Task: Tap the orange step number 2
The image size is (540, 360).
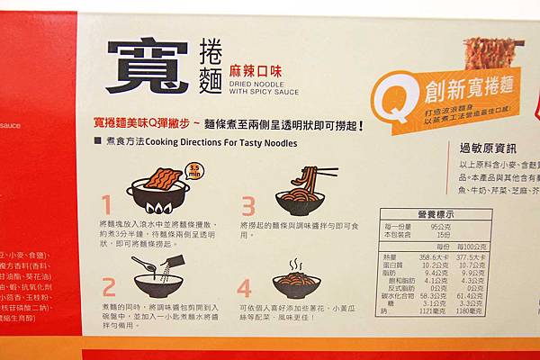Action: point(108,286)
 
